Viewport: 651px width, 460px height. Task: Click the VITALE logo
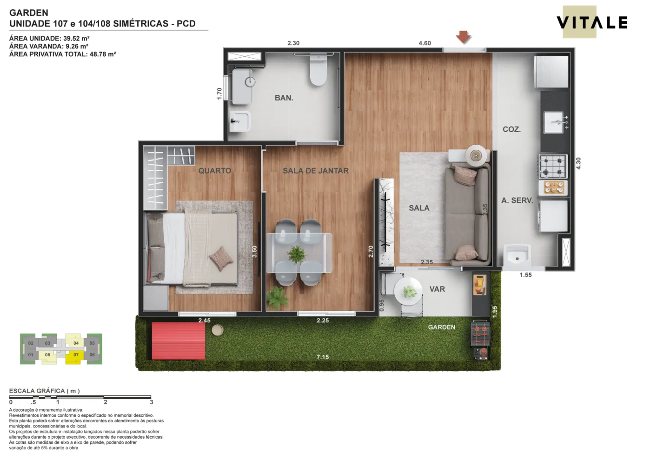click(591, 22)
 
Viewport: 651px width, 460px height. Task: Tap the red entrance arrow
click(463, 37)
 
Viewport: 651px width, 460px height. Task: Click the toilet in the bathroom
click(318, 70)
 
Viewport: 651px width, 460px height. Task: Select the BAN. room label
click(284, 98)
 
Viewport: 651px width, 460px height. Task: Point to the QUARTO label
click(215, 171)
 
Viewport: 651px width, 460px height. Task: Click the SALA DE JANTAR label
click(316, 171)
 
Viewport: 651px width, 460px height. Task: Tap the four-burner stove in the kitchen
click(553, 167)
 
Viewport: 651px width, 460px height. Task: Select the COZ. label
click(511, 129)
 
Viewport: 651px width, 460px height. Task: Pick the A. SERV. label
click(517, 200)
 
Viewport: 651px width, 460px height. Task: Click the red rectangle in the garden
click(179, 340)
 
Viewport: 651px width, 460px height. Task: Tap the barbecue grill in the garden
click(480, 340)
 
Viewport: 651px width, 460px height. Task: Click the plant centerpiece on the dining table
click(297, 254)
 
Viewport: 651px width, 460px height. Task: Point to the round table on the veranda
click(408, 291)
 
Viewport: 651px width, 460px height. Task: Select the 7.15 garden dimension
click(323, 357)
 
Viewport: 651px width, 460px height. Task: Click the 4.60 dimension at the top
click(425, 43)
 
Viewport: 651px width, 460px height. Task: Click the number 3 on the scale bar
click(152, 402)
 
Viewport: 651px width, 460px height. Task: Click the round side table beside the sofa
click(476, 156)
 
